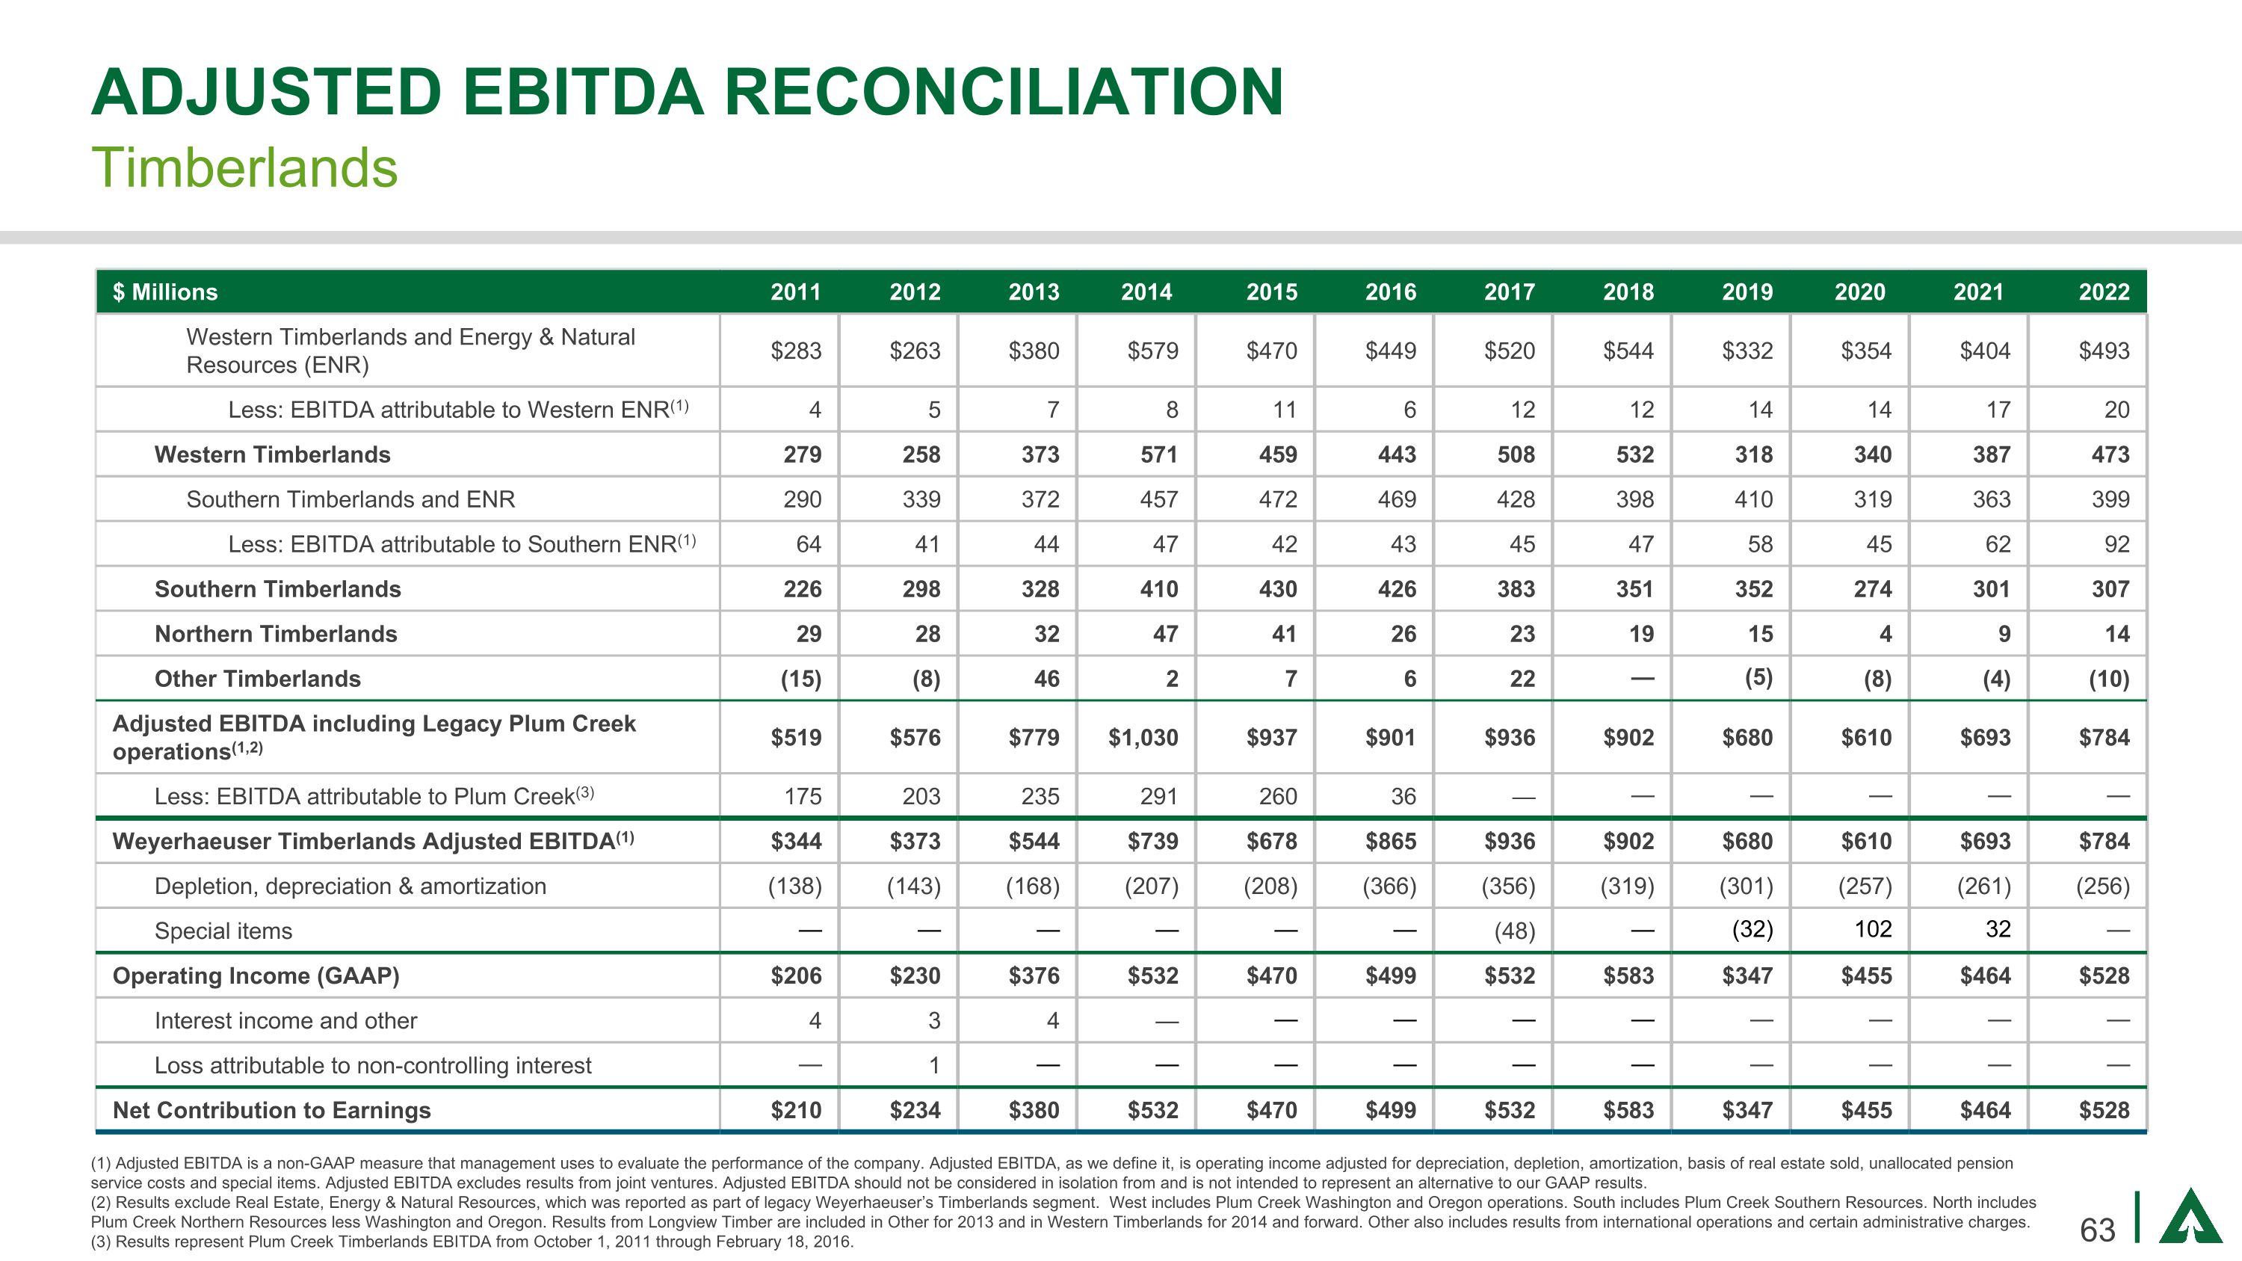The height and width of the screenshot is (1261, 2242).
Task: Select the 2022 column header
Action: coord(2104,292)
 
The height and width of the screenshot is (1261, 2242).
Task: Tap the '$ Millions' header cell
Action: coord(165,292)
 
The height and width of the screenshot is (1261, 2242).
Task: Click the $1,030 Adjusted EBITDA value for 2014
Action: coord(1143,738)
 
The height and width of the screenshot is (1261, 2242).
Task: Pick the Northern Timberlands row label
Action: coord(275,635)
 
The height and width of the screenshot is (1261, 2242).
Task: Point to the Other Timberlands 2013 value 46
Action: coord(1046,679)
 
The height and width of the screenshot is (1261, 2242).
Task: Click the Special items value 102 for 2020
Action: coord(1872,929)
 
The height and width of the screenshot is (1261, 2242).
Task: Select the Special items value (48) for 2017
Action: coord(1514,931)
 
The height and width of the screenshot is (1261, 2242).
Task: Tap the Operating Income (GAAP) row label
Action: coord(256,976)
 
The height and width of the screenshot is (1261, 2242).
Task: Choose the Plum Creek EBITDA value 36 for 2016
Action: coord(1402,796)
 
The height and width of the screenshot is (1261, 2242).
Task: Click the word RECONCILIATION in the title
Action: coord(1003,92)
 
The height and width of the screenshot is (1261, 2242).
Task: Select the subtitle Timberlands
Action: coord(244,167)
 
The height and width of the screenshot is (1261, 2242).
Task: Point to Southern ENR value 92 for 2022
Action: coord(2116,545)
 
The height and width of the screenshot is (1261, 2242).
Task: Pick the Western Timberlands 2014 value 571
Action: coord(1158,455)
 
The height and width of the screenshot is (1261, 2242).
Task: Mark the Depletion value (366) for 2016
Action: coord(1389,887)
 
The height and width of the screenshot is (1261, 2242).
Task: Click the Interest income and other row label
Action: coord(285,1021)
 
